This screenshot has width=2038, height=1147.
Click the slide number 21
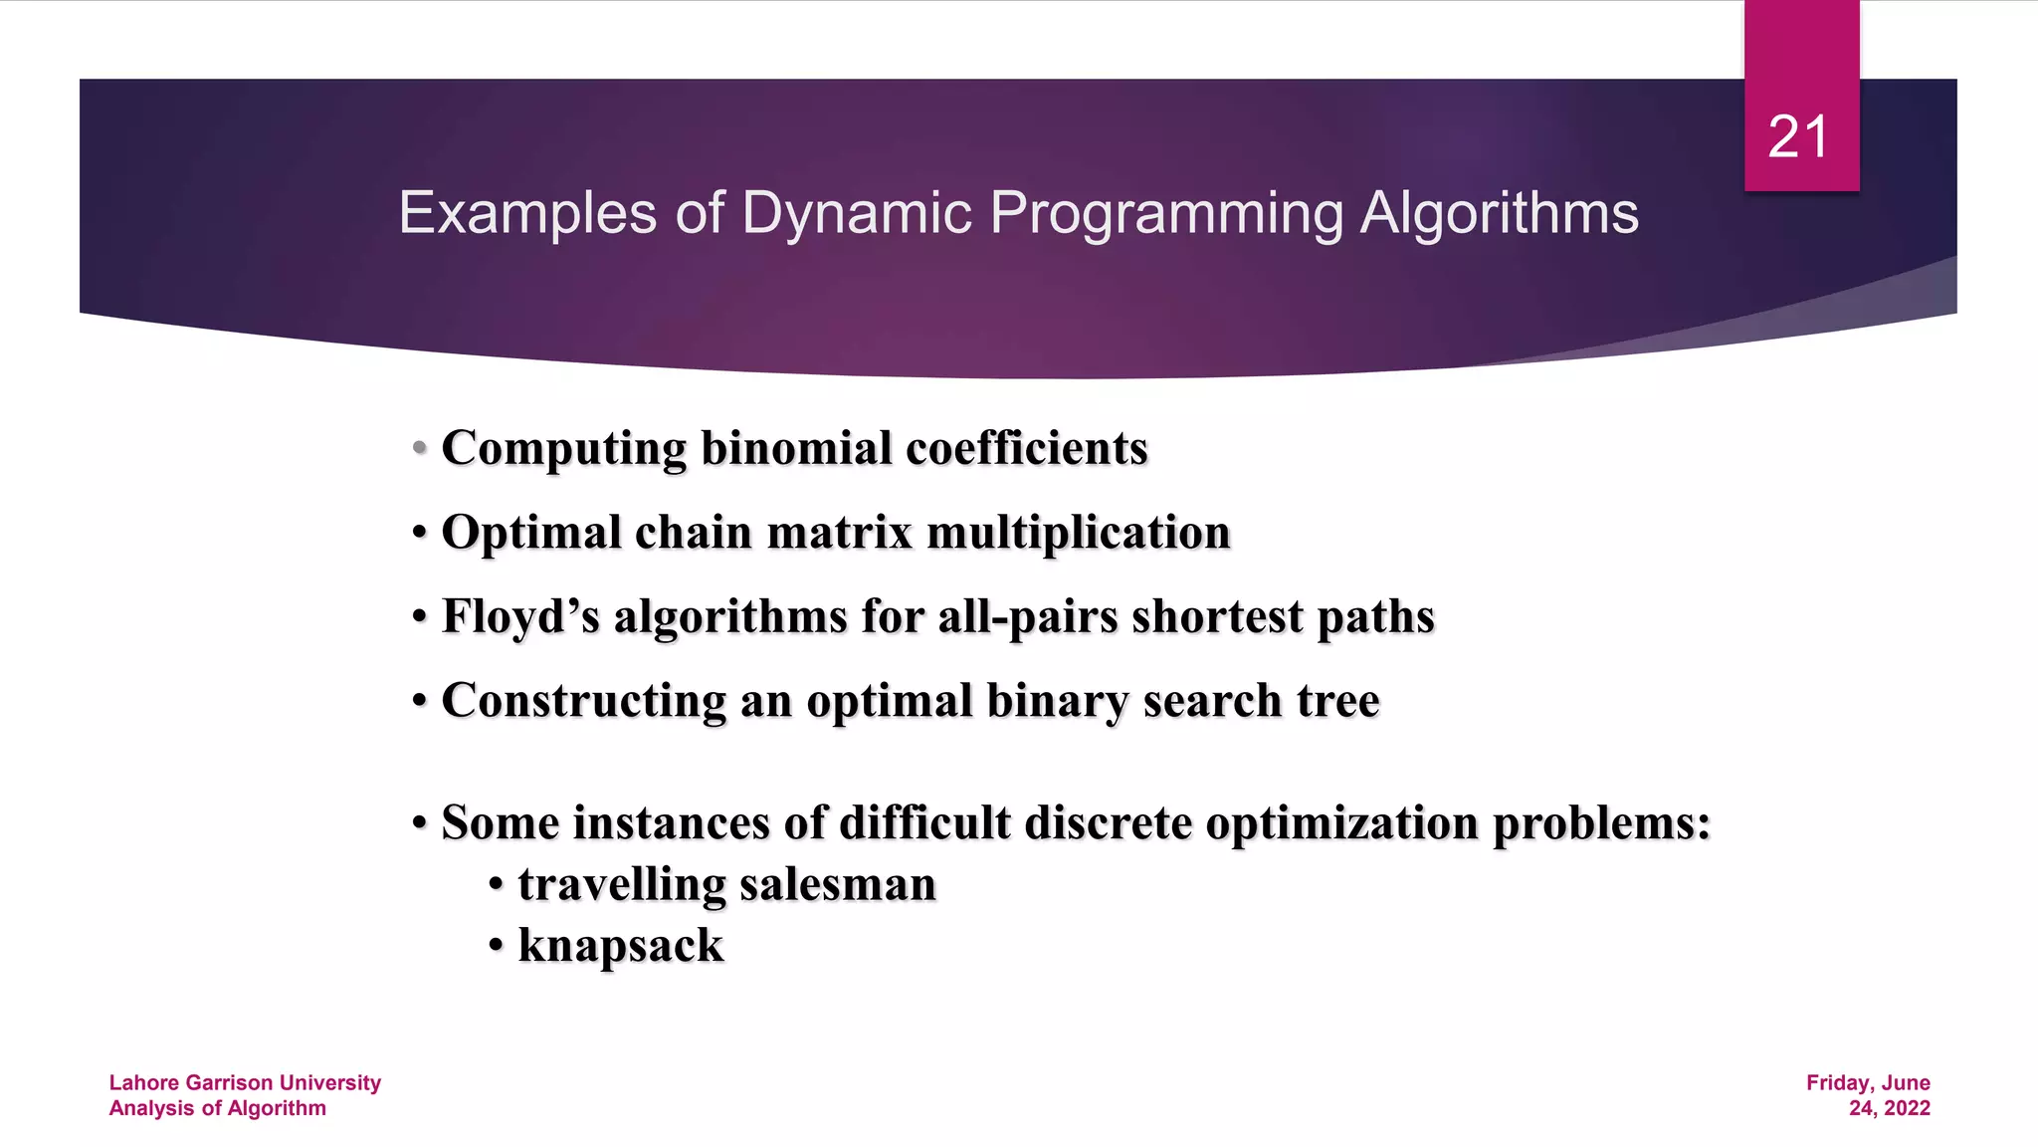tap(1798, 137)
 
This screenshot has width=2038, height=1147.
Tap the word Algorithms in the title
tap(1499, 213)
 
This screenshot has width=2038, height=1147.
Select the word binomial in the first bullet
tap(796, 448)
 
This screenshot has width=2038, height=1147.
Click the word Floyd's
tap(520, 616)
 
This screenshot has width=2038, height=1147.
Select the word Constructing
tap(583, 701)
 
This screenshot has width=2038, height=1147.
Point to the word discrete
tap(1108, 823)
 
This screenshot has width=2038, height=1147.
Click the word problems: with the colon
tap(1601, 823)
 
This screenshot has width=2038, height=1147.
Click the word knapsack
tap(621, 946)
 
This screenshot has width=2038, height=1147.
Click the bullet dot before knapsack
tap(496, 947)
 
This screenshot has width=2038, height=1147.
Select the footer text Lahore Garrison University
tap(245, 1082)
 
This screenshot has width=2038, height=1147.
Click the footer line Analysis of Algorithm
tap(217, 1108)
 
